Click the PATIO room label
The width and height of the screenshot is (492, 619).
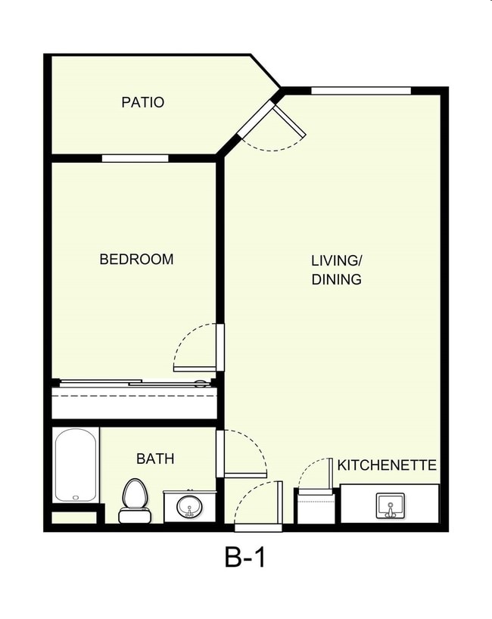142,102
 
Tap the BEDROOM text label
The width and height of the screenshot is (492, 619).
136,260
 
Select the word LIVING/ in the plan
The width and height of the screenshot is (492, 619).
337,260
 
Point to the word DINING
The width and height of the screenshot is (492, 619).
337,279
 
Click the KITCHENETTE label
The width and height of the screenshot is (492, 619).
387,465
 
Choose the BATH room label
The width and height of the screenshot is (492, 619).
155,459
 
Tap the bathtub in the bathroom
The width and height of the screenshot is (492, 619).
76,465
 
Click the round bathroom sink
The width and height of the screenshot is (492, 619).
189,506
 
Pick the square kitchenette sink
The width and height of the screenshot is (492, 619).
391,505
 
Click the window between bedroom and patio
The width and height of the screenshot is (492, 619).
135,158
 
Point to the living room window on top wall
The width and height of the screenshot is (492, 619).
360,91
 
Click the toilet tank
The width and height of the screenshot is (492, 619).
133,517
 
